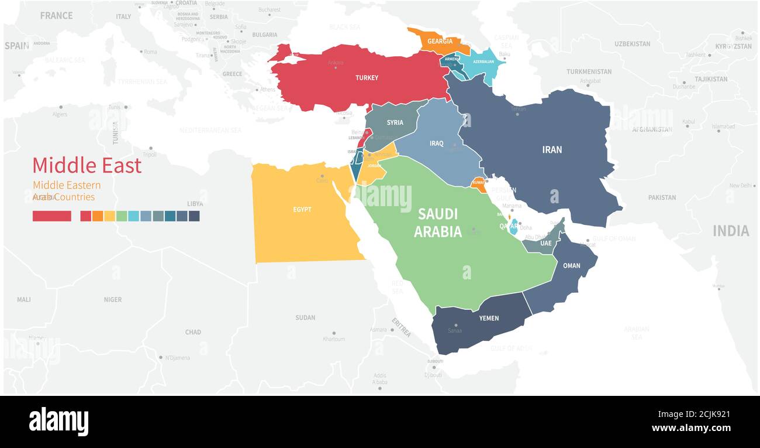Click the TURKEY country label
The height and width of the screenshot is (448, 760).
(367, 78)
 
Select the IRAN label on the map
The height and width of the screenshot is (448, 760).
(552, 149)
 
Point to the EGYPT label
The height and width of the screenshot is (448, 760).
(302, 210)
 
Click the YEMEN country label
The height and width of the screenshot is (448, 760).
(489, 318)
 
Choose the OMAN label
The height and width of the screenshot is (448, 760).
(571, 266)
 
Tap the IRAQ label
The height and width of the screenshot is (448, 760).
(437, 143)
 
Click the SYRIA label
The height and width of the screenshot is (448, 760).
(395, 123)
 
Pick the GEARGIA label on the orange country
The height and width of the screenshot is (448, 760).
(440, 42)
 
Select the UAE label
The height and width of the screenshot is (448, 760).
(545, 243)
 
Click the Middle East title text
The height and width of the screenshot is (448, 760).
(87, 166)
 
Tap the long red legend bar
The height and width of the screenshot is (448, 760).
(52, 216)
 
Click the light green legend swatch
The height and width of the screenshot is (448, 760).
(122, 216)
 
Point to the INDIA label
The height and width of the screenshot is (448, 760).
(730, 231)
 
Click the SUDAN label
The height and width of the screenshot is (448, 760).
(305, 317)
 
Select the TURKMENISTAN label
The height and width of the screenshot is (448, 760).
(589, 71)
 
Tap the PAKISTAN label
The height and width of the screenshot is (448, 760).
(662, 197)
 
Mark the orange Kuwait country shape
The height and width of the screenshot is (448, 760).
(479, 183)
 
